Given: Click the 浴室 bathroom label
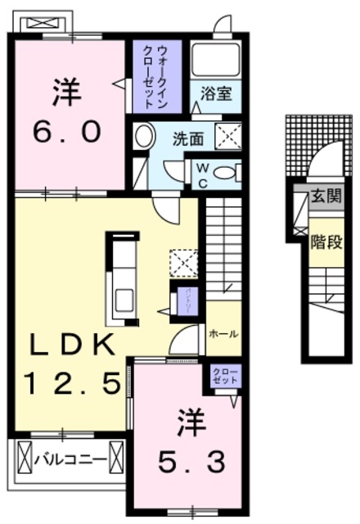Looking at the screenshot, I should (x=216, y=94).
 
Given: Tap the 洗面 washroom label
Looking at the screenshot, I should (x=187, y=138).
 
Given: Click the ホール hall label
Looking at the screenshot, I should (x=223, y=334).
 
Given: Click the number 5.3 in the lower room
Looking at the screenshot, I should (x=190, y=464).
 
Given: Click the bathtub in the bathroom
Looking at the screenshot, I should (x=215, y=59).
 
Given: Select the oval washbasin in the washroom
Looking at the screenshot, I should (x=144, y=137).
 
